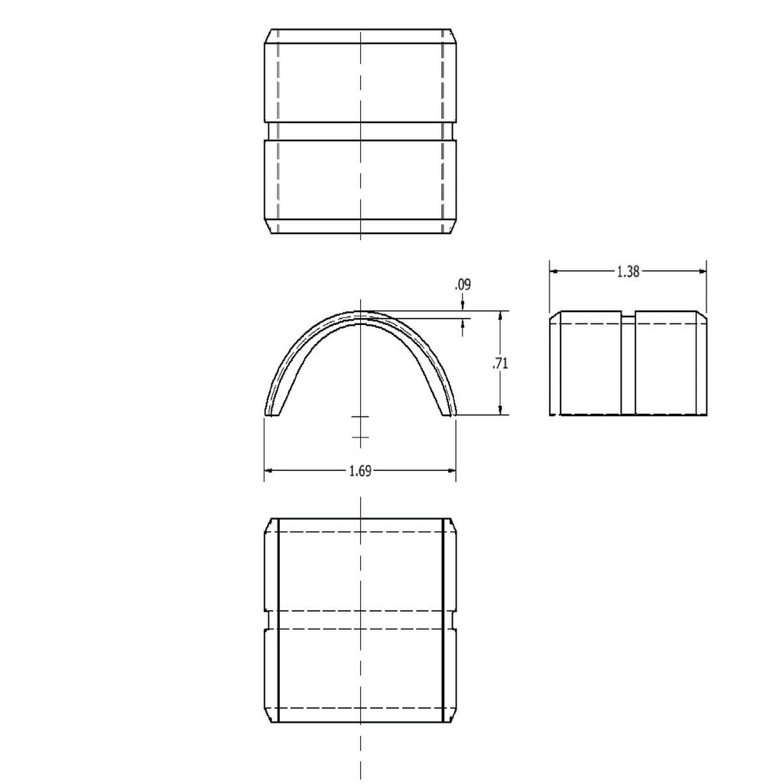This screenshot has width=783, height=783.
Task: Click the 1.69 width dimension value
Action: [359, 471]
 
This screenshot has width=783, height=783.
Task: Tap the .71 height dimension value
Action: [501, 364]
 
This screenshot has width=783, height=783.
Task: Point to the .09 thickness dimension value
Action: [463, 284]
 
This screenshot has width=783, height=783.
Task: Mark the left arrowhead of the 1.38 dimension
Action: [554, 271]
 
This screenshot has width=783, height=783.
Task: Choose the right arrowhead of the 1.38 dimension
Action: [702, 271]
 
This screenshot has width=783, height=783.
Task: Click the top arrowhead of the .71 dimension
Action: [500, 314]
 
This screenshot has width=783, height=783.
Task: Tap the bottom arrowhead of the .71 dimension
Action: [500, 411]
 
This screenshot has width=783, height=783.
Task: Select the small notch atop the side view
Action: [628, 314]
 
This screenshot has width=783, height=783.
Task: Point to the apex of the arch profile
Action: [360, 313]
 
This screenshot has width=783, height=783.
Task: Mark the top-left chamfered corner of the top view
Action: [268, 35]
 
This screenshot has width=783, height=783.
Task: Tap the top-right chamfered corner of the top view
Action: [453, 35]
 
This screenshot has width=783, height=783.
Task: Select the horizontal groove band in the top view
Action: [360, 131]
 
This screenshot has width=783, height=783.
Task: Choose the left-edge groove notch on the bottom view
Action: [267, 620]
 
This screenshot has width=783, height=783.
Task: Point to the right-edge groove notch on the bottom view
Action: [453, 620]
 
